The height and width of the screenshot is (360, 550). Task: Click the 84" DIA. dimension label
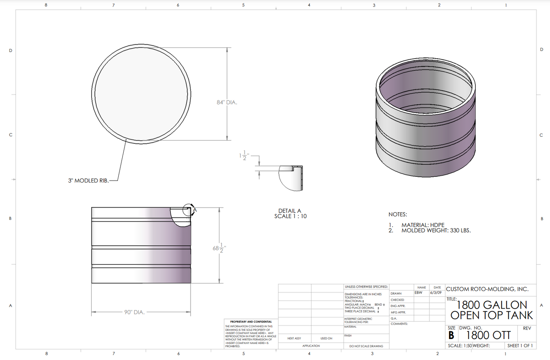tap(227, 102)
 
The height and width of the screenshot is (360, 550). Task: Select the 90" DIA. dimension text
tap(134, 312)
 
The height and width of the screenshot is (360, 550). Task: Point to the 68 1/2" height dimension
tap(219, 248)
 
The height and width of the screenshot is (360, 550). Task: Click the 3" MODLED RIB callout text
tap(88, 181)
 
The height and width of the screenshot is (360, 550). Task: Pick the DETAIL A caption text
tap(290, 211)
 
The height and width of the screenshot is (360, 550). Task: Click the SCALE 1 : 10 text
tap(290, 216)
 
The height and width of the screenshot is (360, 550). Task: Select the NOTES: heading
tap(398, 214)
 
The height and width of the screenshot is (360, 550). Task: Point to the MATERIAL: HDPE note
tap(423, 225)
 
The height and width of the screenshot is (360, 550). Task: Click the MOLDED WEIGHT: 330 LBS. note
tap(436, 230)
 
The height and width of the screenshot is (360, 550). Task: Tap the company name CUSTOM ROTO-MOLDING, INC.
tap(487, 289)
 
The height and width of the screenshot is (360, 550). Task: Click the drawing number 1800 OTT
tap(488, 335)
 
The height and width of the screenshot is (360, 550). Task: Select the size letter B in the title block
tap(451, 336)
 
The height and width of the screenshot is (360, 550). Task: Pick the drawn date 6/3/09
tap(436, 293)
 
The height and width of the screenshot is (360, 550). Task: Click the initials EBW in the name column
tap(419, 293)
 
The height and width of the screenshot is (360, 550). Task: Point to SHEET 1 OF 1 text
tap(520, 346)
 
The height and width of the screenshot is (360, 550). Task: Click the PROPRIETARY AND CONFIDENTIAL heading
tap(251, 322)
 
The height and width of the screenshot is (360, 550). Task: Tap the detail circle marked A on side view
tap(188, 210)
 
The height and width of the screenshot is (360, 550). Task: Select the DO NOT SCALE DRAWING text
tap(366, 346)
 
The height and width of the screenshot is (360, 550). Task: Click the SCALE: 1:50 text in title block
tap(459, 346)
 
